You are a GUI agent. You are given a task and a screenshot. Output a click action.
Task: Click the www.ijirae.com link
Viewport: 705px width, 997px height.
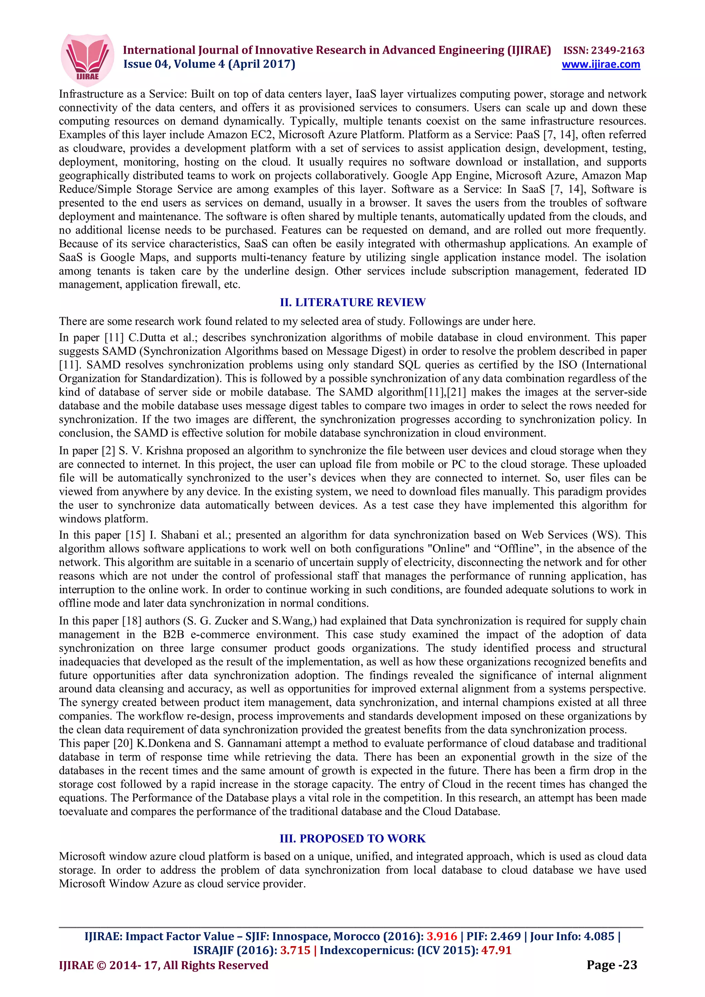click(600, 65)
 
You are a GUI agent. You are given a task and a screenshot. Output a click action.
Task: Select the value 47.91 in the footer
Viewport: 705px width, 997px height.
click(496, 950)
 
